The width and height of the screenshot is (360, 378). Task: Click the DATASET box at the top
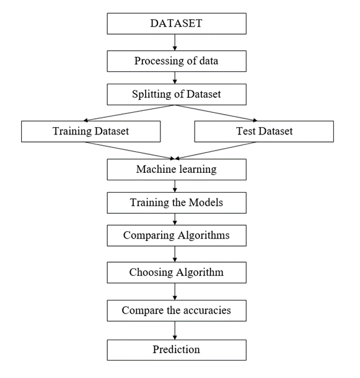click(177, 24)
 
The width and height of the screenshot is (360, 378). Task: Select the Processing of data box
click(177, 61)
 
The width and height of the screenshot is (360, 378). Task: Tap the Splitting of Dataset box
click(177, 95)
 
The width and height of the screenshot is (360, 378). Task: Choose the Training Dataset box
click(90, 131)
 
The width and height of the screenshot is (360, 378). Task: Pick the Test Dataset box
click(264, 131)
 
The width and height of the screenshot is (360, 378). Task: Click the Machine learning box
click(177, 169)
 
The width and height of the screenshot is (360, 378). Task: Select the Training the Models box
click(177, 202)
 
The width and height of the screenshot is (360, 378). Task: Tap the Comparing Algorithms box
click(177, 235)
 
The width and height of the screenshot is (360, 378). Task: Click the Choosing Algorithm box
click(177, 272)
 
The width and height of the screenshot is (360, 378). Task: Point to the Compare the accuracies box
click(177, 310)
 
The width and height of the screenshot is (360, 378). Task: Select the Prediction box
click(177, 349)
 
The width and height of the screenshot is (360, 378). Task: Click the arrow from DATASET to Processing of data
click(177, 42)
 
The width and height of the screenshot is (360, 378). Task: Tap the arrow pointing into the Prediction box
click(177, 330)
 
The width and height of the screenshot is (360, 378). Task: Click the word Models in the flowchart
click(207, 202)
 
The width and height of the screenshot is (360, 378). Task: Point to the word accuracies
click(203, 310)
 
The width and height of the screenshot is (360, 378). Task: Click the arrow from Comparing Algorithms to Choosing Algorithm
click(177, 253)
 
